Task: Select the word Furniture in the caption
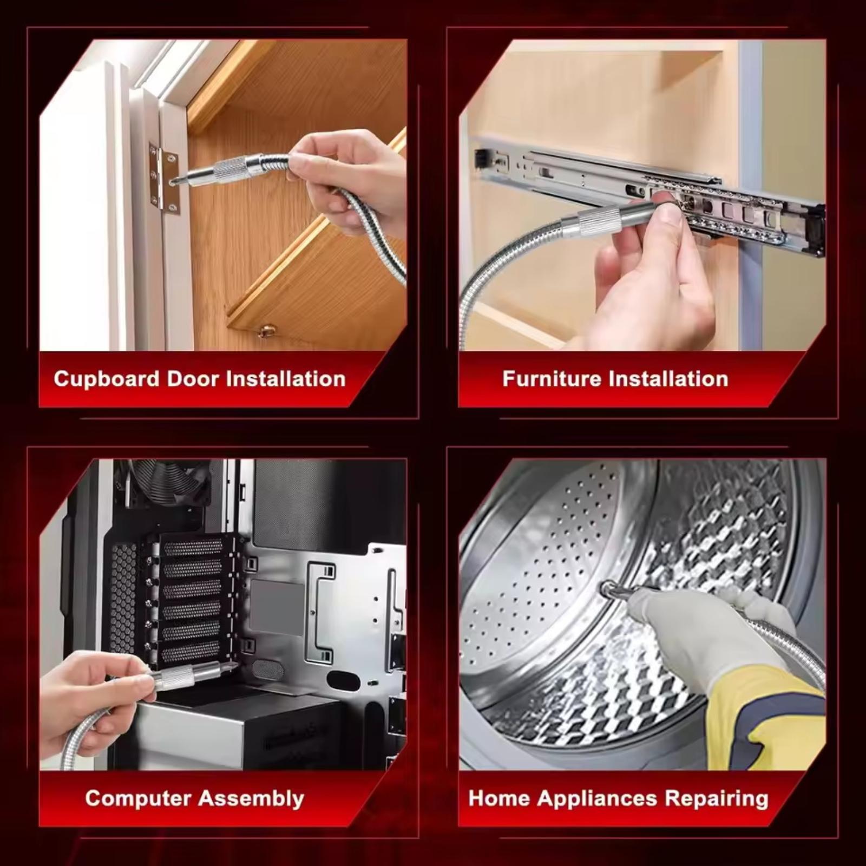(553, 378)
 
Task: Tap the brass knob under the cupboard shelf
(266, 330)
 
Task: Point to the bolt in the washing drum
(608, 587)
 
